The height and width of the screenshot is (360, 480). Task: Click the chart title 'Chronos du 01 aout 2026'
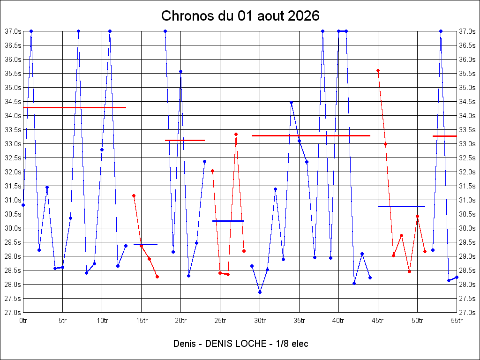click(240, 15)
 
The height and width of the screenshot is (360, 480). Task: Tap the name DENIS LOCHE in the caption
click(236, 344)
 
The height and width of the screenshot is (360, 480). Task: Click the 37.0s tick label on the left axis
click(13, 31)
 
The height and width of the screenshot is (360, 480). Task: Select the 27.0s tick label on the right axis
click(467, 313)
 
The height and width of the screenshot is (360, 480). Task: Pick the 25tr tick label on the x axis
click(220, 321)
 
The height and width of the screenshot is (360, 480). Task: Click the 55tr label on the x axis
click(457, 321)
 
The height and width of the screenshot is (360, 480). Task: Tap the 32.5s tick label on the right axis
click(467, 158)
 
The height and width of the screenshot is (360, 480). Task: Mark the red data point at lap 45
click(378, 71)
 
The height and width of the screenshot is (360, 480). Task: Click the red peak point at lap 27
click(236, 135)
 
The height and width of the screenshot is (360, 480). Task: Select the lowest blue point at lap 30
click(260, 292)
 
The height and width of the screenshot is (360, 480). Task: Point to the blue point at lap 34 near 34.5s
click(292, 103)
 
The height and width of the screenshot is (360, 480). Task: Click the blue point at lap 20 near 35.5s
click(180, 72)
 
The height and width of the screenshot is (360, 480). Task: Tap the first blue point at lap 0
click(23, 205)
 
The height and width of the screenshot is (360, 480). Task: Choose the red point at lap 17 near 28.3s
click(157, 277)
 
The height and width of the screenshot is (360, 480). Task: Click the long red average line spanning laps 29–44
click(311, 135)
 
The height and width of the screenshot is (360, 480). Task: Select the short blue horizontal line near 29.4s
click(145, 245)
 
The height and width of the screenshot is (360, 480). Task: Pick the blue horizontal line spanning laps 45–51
click(402, 207)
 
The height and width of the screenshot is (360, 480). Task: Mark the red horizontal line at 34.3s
click(75, 107)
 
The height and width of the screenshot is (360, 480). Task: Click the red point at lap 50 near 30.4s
click(417, 217)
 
